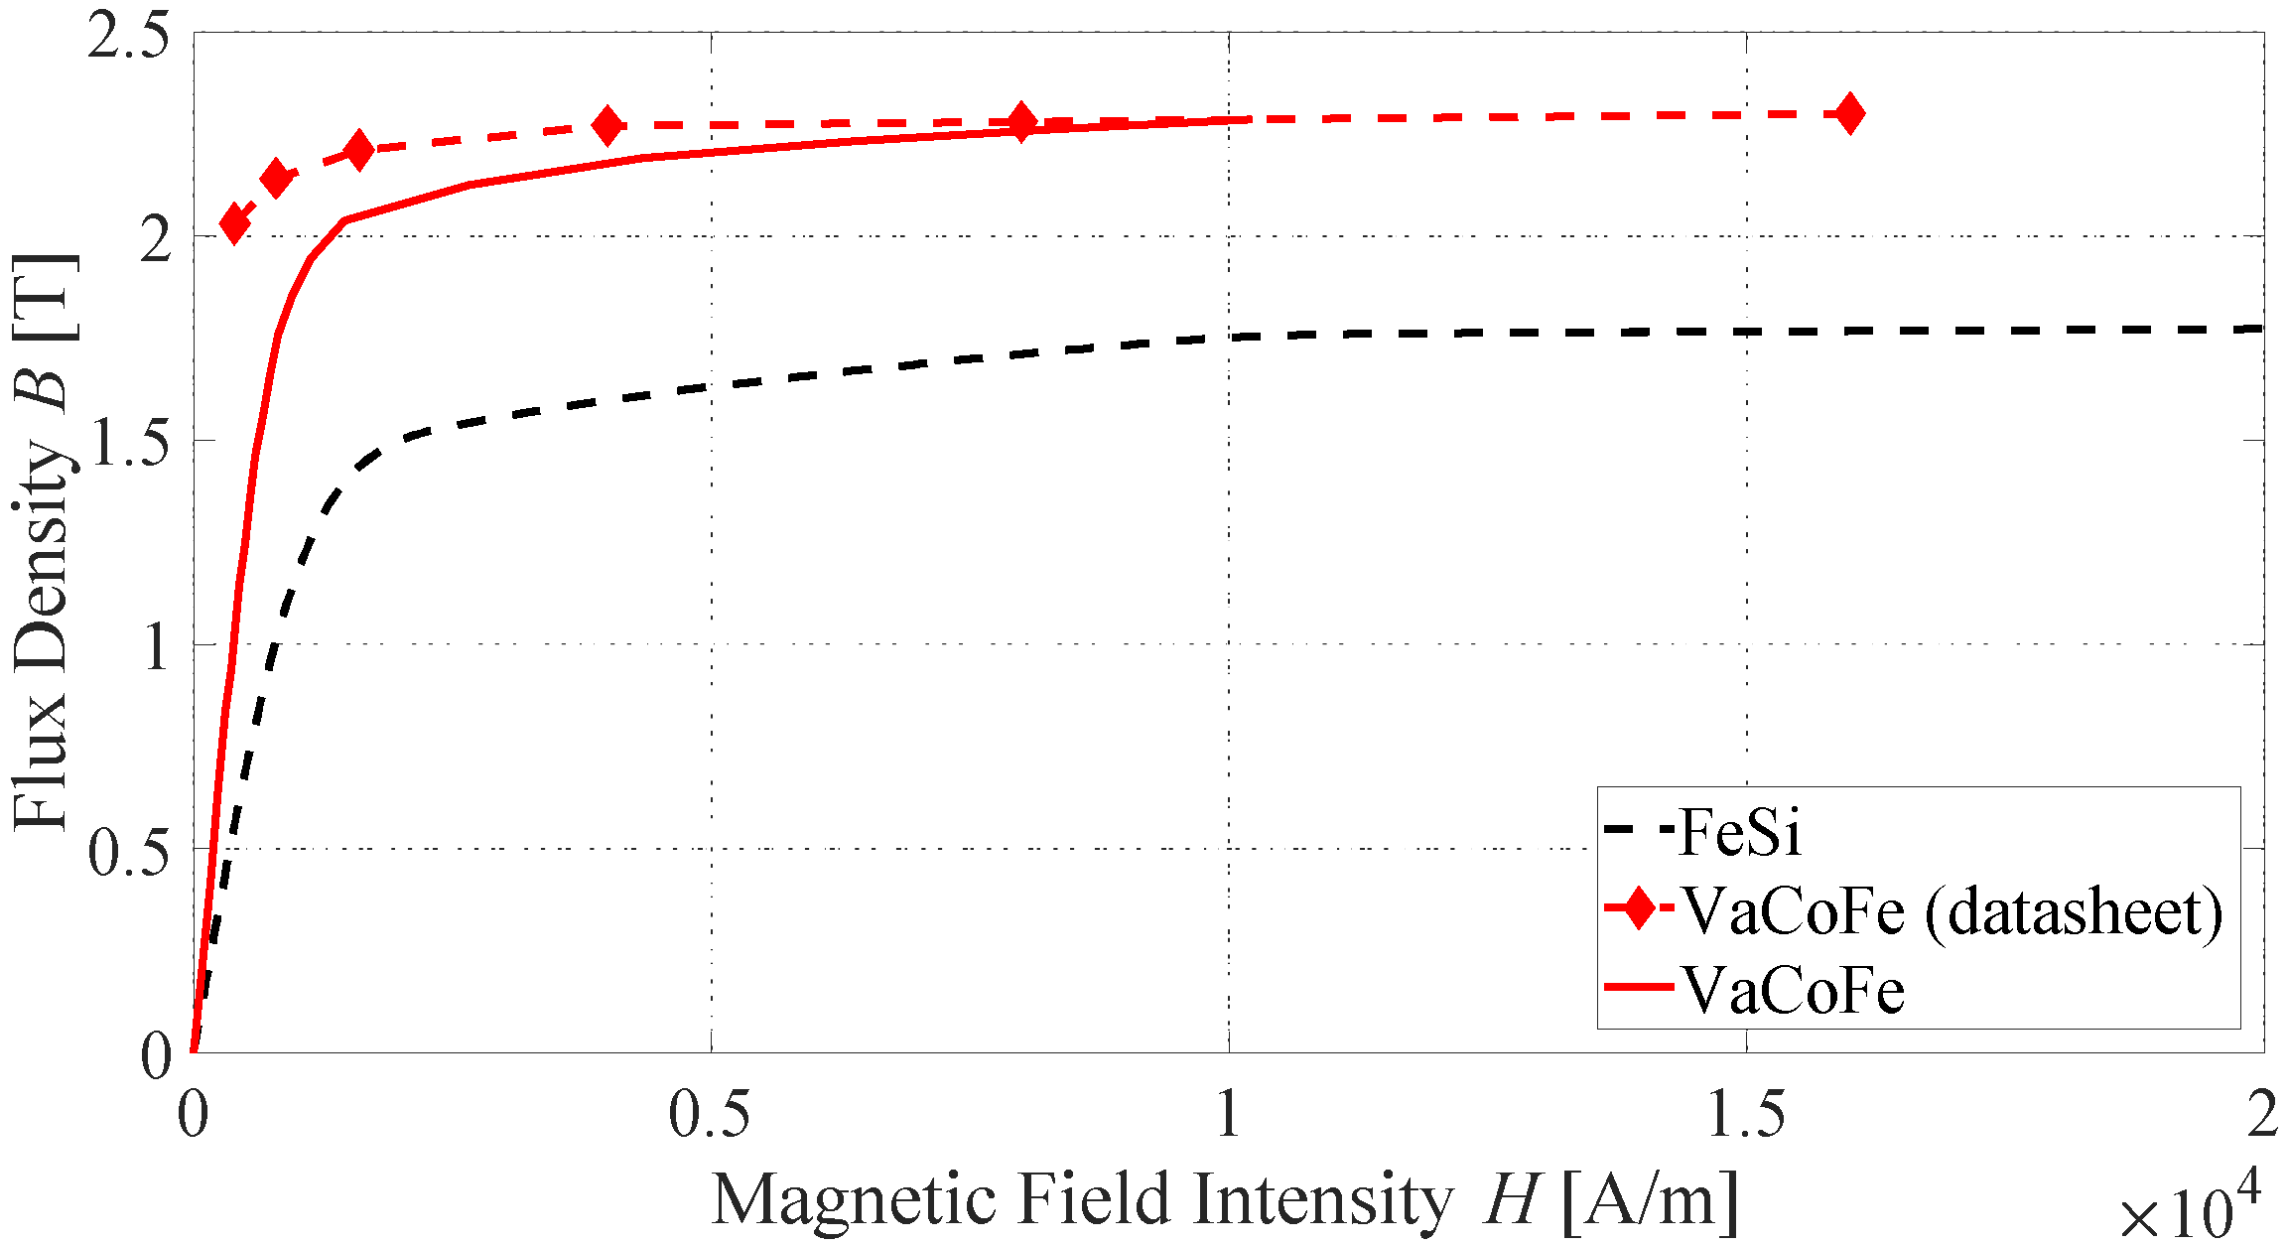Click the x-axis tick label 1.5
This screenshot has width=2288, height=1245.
(x=1745, y=1114)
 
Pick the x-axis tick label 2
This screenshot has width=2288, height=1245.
(x=2261, y=1114)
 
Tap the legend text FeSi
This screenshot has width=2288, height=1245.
(x=1739, y=832)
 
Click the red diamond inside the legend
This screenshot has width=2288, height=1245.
(x=1639, y=909)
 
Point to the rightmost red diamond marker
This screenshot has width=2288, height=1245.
(x=1849, y=113)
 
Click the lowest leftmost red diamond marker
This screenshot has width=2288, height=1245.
(x=234, y=223)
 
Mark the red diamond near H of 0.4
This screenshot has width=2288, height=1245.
(x=607, y=126)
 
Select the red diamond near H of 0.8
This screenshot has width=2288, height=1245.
(x=1021, y=122)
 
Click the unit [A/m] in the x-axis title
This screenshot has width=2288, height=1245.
(x=1650, y=1199)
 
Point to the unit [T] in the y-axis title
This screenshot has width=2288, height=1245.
(x=44, y=297)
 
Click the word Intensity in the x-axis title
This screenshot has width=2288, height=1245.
(x=1323, y=1199)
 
